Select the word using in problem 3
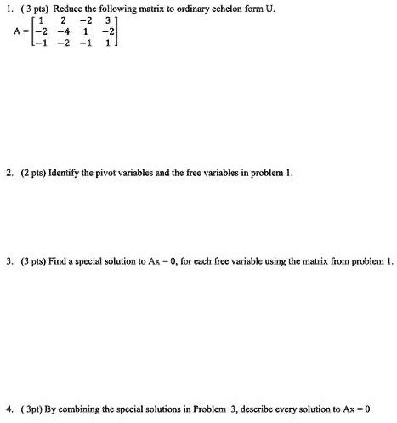pos(297,261)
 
